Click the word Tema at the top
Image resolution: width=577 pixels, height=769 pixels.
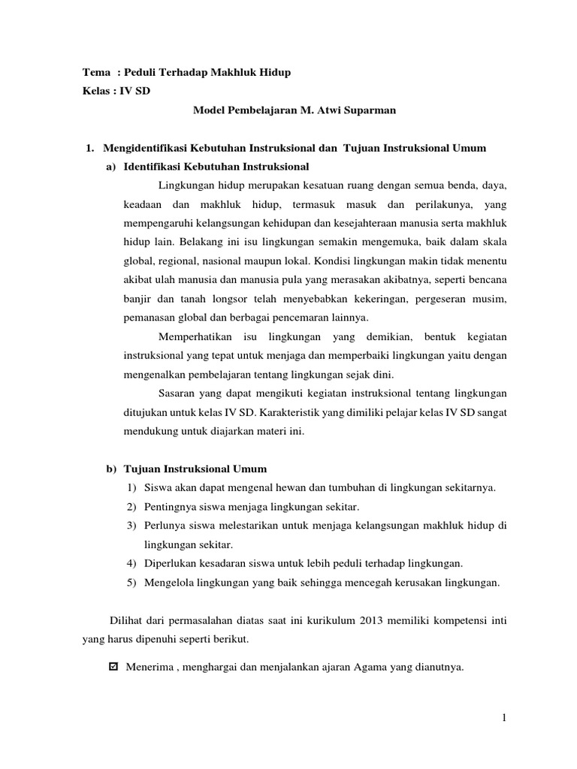coord(95,72)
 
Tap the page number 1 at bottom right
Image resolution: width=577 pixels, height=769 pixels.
coord(505,719)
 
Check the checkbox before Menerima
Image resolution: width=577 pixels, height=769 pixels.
coord(113,665)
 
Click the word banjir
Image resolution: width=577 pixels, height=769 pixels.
coord(137,299)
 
